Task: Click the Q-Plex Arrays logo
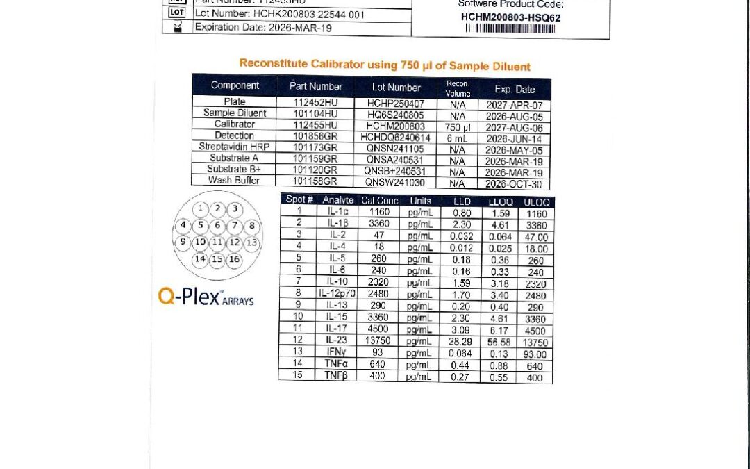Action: pyautogui.click(x=206, y=297)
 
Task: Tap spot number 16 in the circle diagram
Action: pyautogui.click(x=235, y=259)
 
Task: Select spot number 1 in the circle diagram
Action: pyautogui.click(x=201, y=208)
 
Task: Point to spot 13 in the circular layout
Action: pyautogui.click(x=251, y=242)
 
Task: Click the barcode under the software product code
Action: pyautogui.click(x=510, y=29)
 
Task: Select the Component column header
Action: pyautogui.click(x=235, y=86)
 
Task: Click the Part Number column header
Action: pyautogui.click(x=315, y=87)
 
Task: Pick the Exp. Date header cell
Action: pyautogui.click(x=515, y=89)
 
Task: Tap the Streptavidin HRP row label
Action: pyautogui.click(x=234, y=147)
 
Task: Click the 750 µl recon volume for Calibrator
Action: pyautogui.click(x=457, y=125)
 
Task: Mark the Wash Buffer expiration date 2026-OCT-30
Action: pyautogui.click(x=514, y=183)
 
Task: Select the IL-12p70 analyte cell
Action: pyautogui.click(x=337, y=293)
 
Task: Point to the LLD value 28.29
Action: pyautogui.click(x=462, y=342)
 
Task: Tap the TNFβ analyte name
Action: pyautogui.click(x=337, y=376)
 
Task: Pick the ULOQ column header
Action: pyautogui.click(x=535, y=201)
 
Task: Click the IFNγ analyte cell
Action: pyautogui.click(x=337, y=352)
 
